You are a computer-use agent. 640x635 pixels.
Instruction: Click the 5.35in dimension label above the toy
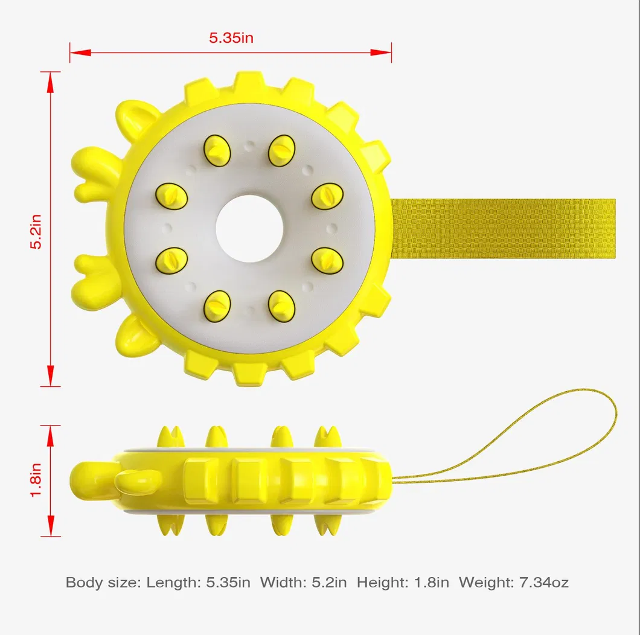(x=231, y=37)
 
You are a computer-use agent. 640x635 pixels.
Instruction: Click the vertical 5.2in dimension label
(x=37, y=229)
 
